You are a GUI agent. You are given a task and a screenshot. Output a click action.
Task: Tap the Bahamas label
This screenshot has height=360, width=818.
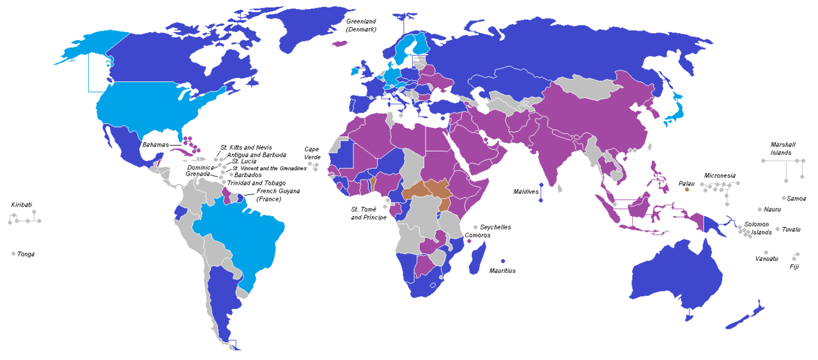click(x=155, y=145)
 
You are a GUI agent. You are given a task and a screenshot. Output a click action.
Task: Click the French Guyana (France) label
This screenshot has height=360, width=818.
click(x=277, y=195)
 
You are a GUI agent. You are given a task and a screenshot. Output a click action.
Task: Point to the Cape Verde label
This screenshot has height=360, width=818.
click(x=312, y=153)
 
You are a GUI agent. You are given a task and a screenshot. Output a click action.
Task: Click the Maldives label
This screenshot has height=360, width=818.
click(x=526, y=192)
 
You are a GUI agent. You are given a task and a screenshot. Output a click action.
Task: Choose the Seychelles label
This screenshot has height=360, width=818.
click(x=496, y=228)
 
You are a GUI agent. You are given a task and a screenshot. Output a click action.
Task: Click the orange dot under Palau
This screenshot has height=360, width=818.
click(x=687, y=190)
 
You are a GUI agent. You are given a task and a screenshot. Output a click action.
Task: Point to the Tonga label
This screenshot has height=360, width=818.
click(x=26, y=254)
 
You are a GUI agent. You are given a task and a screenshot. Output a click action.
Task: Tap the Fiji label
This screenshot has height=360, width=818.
click(x=794, y=266)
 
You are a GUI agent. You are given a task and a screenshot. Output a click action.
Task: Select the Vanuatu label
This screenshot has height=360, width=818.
click(x=766, y=258)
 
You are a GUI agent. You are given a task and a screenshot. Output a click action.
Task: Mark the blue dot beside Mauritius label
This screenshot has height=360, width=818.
click(x=504, y=261)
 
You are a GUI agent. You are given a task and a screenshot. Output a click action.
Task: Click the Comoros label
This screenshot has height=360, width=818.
click(x=477, y=235)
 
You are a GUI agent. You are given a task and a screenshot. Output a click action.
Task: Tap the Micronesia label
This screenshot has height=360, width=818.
click(x=720, y=175)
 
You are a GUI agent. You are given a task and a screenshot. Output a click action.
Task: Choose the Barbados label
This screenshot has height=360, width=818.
click(x=248, y=175)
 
